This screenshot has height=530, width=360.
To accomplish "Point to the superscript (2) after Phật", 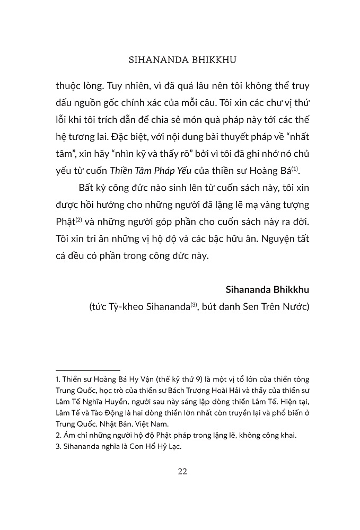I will click(79, 216).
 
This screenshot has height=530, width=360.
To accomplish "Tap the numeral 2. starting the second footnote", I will click(58, 435).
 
